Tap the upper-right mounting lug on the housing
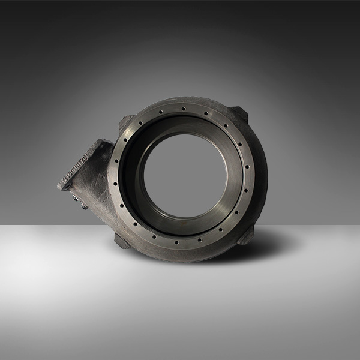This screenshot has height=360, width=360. (x=239, y=113)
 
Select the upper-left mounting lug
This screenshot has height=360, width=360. (x=125, y=123)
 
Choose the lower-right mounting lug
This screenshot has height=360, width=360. (x=246, y=235)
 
